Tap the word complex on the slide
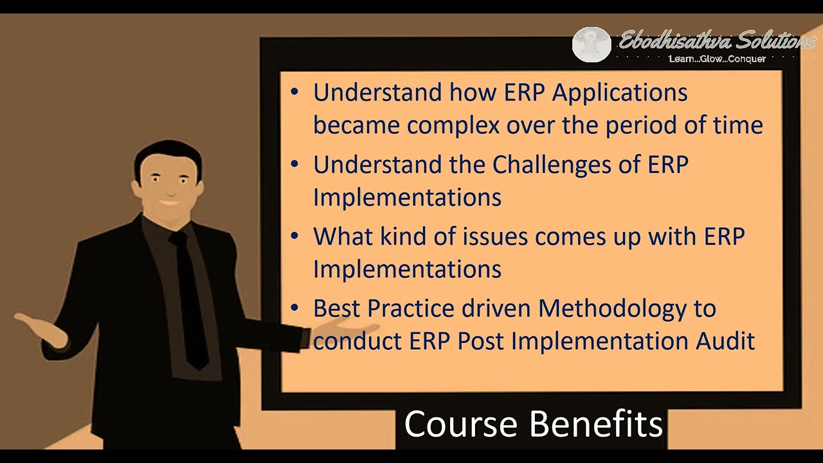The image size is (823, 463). pos(453,125)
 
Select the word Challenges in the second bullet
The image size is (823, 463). pos(552,165)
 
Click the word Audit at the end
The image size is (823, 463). pos(725,341)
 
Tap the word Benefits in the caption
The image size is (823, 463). pos(597,424)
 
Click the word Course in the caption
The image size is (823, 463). pos(460,424)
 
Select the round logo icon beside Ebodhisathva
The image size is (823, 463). pos(591,44)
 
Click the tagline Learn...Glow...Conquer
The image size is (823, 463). pos(717,59)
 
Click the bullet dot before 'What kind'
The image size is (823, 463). pos(294,236)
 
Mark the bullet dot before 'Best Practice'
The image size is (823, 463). pos(294,308)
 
